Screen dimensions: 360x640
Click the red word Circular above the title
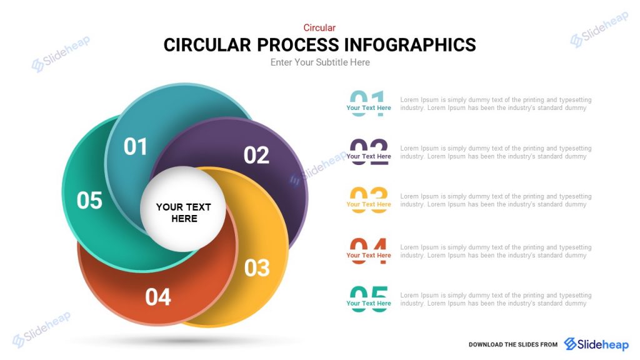click(x=319, y=27)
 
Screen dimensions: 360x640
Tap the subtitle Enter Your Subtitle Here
click(x=320, y=62)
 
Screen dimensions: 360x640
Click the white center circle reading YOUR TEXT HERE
click(x=183, y=212)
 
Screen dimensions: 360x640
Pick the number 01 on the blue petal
click(x=136, y=147)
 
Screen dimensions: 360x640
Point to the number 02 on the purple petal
click(x=256, y=155)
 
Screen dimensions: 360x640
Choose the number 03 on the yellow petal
click(x=257, y=268)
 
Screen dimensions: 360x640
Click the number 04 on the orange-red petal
click(x=158, y=297)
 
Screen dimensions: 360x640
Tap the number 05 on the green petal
click(x=89, y=201)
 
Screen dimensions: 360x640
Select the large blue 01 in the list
click(x=368, y=99)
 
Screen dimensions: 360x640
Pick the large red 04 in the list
click(x=369, y=248)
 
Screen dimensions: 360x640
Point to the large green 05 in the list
click(x=369, y=296)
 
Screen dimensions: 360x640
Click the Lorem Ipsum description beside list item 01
click(x=495, y=104)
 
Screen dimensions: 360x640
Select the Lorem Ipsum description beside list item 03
click(x=495, y=201)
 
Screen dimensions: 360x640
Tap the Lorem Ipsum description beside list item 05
click(x=495, y=299)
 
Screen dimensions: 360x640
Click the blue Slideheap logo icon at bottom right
click(x=571, y=344)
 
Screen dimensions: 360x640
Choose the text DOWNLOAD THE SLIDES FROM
click(x=512, y=344)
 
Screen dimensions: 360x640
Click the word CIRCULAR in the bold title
click(x=207, y=45)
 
